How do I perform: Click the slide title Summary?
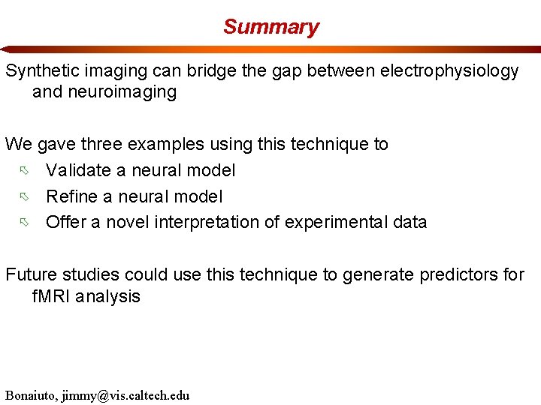270,27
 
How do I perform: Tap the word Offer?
66,222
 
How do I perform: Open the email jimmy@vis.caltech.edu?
128,395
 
